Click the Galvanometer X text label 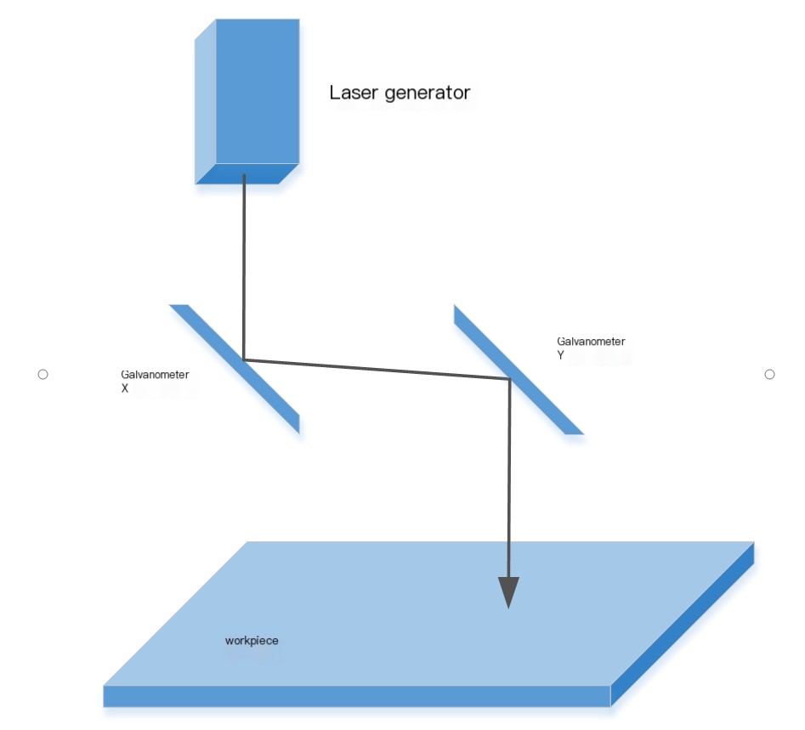coord(155,381)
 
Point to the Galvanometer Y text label coord(591,348)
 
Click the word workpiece coord(252,640)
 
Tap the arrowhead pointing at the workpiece coord(508,591)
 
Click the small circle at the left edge coord(43,374)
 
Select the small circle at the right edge coord(769,374)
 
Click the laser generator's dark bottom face coord(247,173)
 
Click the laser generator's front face coord(258,90)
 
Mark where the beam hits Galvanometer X coord(245,359)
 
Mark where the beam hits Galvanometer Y coord(508,379)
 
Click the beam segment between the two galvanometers coord(374,369)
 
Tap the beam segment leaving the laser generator coord(245,263)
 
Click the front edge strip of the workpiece coord(357,696)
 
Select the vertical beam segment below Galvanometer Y coord(508,476)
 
